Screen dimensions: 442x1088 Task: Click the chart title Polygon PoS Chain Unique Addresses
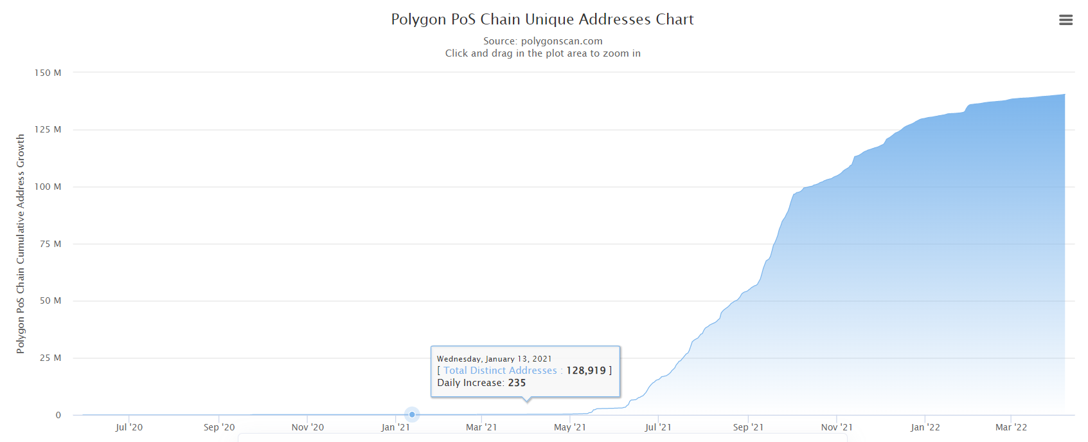(542, 19)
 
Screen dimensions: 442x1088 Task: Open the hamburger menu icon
(1066, 20)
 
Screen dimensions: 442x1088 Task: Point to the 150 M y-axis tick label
(48, 73)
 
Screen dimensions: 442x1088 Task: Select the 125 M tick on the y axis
(48, 129)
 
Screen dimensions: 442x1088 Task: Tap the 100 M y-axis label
(48, 187)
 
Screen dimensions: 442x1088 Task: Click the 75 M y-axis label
(50, 244)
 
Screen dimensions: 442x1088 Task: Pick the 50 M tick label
(50, 300)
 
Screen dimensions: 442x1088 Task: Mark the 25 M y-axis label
(50, 358)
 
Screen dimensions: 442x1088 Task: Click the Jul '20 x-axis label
(129, 427)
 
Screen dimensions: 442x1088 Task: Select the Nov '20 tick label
(308, 427)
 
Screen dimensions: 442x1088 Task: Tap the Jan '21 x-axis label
(395, 427)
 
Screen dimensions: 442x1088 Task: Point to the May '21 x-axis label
(570, 427)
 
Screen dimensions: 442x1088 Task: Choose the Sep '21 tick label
(748, 427)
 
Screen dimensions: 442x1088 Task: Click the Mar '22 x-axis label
(1011, 427)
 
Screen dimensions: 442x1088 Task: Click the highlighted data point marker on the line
(412, 414)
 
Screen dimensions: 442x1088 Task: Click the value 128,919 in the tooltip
(585, 371)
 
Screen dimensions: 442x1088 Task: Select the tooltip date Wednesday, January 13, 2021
(494, 359)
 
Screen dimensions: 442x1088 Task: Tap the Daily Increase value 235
(517, 383)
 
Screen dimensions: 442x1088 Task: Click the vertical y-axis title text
(21, 243)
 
